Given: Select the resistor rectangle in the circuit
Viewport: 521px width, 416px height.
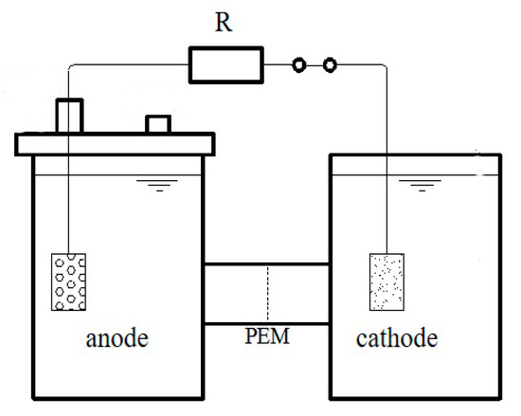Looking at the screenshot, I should pyautogui.click(x=225, y=65).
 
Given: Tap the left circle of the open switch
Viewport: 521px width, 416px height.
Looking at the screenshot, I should pyautogui.click(x=299, y=65).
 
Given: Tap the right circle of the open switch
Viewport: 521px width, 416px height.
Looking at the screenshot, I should pyautogui.click(x=330, y=65).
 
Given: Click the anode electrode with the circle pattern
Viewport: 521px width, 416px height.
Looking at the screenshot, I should pyautogui.click(x=68, y=281).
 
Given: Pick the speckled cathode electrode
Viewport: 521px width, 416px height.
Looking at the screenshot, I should pyautogui.click(x=385, y=281).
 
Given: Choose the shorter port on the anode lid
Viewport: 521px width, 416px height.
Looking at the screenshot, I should pyautogui.click(x=157, y=124).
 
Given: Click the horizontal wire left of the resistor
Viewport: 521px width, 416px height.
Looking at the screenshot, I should pyautogui.click(x=133, y=65).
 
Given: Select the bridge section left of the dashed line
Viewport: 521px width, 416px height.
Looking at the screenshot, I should pyautogui.click(x=236, y=295).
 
